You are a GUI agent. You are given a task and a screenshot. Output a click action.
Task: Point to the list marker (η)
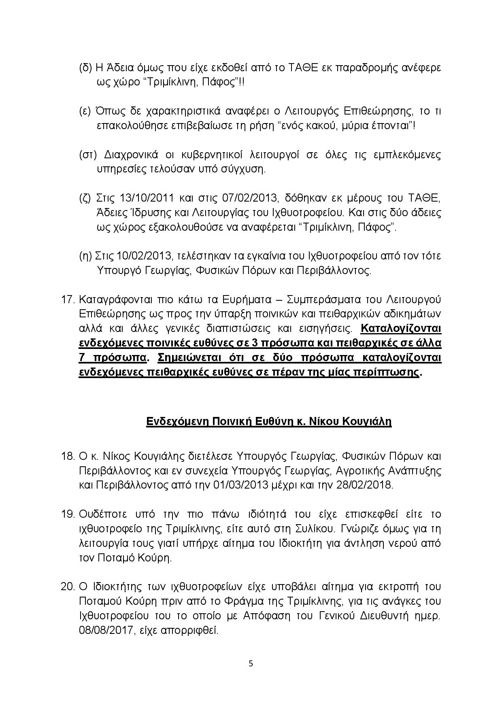pos(86,256)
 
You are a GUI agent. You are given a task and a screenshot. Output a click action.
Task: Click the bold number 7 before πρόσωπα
pos(82,358)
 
